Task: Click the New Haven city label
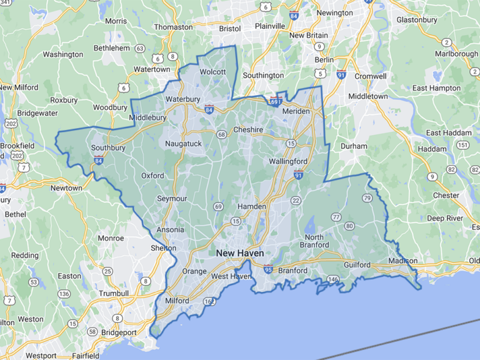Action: point(240,253)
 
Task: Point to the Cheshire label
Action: point(248,130)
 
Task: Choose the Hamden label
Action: point(251,206)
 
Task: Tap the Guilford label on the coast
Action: point(357,265)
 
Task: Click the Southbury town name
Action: point(108,148)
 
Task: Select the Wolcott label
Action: point(212,72)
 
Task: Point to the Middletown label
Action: point(368,96)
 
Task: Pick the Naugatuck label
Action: point(183,144)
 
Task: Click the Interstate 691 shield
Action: point(276,101)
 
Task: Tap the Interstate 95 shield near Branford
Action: point(267,269)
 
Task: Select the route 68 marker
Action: point(221,134)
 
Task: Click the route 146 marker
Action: point(334,279)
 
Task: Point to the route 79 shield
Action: point(367,198)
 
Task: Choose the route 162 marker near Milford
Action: point(209,302)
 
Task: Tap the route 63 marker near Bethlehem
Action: point(140,48)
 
